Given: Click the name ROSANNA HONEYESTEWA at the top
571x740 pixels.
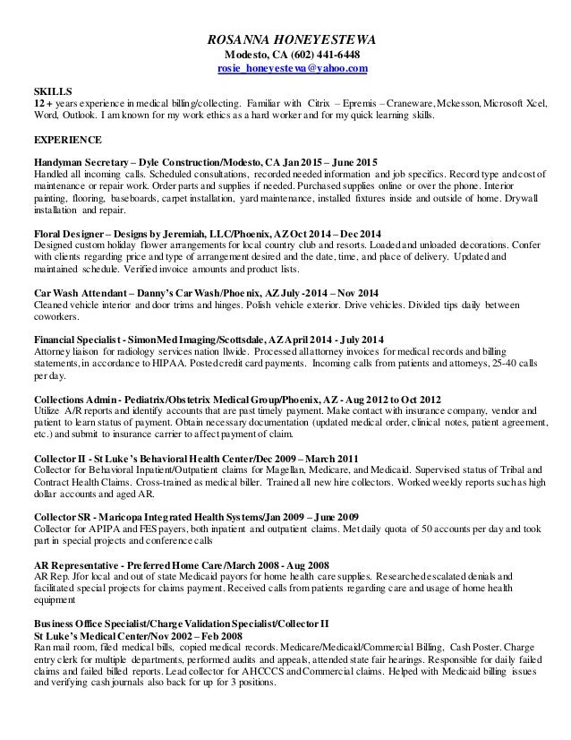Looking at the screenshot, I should [x=286, y=39].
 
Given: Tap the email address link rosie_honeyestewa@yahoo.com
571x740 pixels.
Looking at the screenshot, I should [x=285, y=69].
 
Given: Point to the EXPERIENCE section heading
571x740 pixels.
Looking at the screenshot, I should [x=68, y=142].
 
